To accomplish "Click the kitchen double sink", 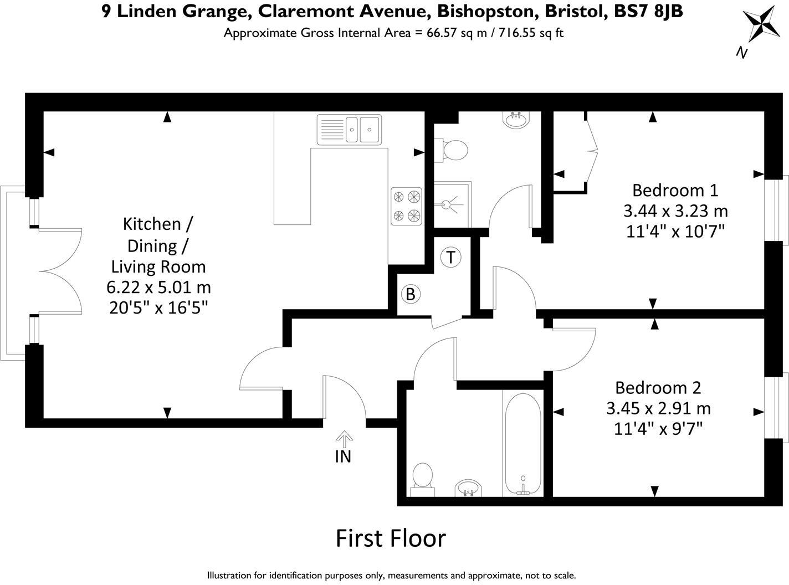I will coord(349,129).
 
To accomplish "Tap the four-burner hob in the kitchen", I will coord(406,206).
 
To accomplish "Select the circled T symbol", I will coord(451,258).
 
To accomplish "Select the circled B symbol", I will coord(411,294).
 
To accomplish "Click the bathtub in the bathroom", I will coord(522,444).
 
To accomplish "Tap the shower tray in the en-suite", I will coord(452,204).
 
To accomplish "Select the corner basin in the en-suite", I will coord(516,120).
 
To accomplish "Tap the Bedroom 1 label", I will coord(675,190).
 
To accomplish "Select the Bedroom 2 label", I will coord(658,387).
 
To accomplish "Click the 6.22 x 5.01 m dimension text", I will coord(158,288).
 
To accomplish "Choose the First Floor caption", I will coord(391,538).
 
